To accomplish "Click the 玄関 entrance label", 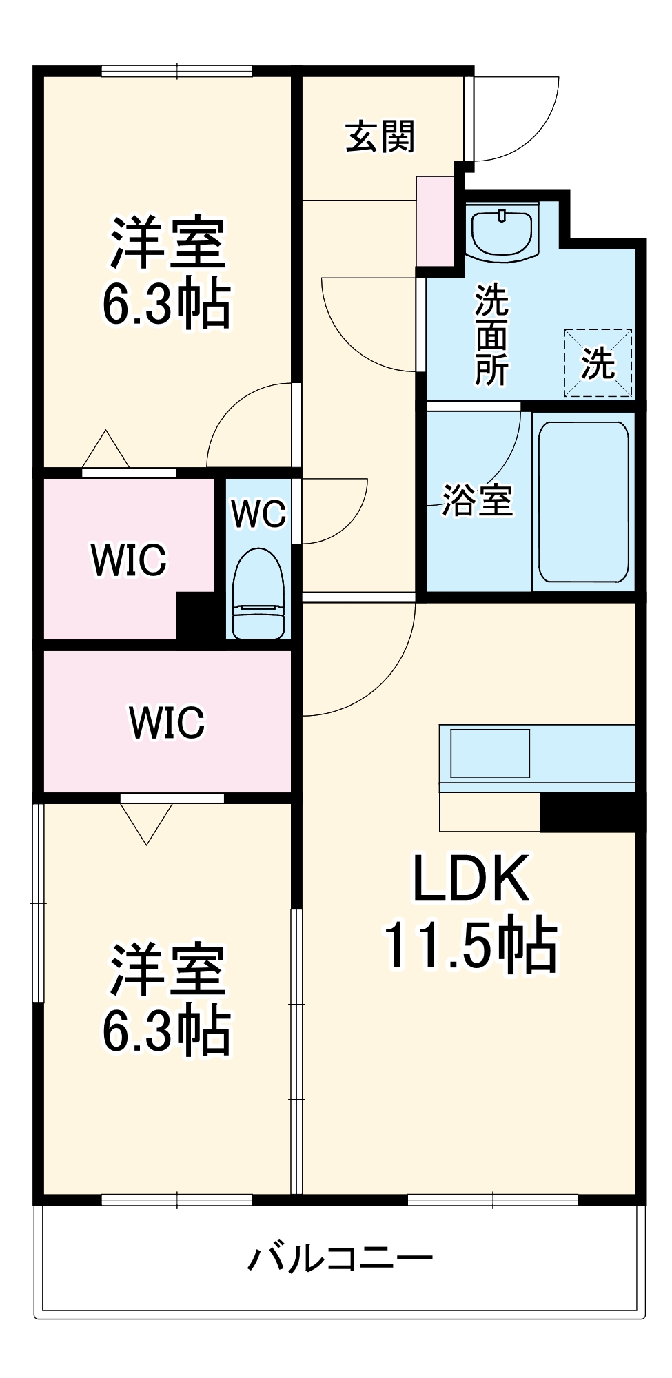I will pos(380,136).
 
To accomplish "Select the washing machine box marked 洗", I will pos(598,363).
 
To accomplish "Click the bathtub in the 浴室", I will pos(583,502).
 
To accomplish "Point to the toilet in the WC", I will pos(258,593).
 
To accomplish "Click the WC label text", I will pos(258,513).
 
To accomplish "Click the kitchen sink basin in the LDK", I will pos(490,753).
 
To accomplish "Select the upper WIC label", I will pos(129,559).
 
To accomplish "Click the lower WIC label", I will pos(167,722).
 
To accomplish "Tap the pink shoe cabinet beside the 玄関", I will pos(435,221).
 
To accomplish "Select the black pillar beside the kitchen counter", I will pos(591,813).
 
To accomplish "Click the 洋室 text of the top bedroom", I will pos(167,243).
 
